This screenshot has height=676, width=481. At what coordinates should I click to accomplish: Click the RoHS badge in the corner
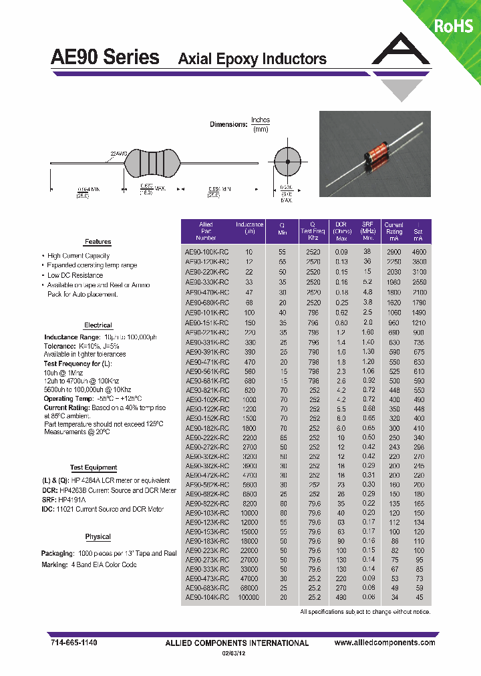[454, 26]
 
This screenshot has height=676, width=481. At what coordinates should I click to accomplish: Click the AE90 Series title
[105, 57]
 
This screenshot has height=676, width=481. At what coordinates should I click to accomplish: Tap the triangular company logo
[401, 60]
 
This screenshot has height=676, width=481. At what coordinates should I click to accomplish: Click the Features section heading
[98, 242]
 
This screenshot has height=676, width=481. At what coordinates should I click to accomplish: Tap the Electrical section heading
[98, 325]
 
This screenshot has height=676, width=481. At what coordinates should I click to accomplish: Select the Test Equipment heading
[94, 468]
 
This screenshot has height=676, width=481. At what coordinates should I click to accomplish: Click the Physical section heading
[98, 537]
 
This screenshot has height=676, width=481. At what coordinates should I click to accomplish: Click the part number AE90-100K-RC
[206, 252]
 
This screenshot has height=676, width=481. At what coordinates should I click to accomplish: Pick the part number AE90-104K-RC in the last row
[206, 598]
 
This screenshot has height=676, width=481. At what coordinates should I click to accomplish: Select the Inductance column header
[249, 228]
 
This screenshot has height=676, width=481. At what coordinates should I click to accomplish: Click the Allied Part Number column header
[206, 231]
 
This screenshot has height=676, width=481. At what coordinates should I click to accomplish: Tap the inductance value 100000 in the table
[249, 598]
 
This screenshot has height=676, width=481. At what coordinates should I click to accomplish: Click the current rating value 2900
[393, 252]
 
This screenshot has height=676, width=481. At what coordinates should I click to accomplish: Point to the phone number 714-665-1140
[74, 642]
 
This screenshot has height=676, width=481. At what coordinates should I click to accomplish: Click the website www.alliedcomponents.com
[384, 642]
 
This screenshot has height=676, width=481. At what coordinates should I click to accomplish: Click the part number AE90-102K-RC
[206, 399]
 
